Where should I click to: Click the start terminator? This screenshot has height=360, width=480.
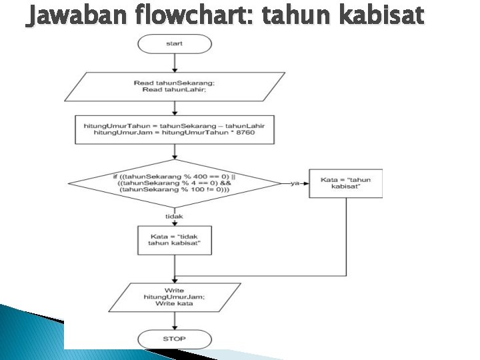click(174, 44)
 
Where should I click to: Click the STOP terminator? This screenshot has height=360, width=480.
click(174, 339)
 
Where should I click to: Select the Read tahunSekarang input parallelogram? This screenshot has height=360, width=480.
click(174, 86)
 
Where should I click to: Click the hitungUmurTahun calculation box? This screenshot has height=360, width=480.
click(174, 129)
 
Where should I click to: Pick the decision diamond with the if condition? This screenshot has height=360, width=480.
click(174, 183)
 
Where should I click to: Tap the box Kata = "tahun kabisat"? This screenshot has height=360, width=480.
click(346, 183)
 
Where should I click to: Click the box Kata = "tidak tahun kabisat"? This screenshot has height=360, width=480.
click(174, 241)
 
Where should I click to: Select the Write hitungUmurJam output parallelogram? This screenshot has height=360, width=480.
click(174, 296)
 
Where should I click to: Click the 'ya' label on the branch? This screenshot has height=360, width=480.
click(294, 183)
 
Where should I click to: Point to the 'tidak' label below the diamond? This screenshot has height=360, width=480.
click(174, 217)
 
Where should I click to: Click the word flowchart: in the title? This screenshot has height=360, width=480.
click(194, 14)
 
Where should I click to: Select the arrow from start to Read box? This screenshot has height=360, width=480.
click(174, 63)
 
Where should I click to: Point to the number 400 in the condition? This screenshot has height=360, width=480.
click(198, 176)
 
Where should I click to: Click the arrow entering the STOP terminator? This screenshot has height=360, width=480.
click(174, 321)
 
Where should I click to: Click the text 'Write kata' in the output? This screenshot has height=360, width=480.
click(174, 303)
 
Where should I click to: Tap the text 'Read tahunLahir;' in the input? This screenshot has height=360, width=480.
click(174, 90)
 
